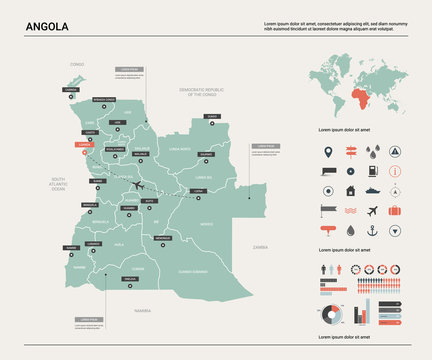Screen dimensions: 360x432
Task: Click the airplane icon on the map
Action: point(137,187)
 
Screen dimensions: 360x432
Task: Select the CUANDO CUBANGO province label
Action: point(192,271)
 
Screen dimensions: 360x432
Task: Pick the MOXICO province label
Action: point(206,224)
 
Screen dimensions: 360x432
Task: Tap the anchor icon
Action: point(372,231)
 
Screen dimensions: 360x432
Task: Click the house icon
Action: point(350,191)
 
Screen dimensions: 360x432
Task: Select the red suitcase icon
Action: point(395,211)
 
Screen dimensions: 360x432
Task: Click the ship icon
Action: point(373,191)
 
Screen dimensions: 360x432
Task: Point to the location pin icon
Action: point(328,152)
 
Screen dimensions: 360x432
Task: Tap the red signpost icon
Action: point(351,152)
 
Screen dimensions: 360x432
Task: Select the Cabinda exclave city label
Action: point(69,88)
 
